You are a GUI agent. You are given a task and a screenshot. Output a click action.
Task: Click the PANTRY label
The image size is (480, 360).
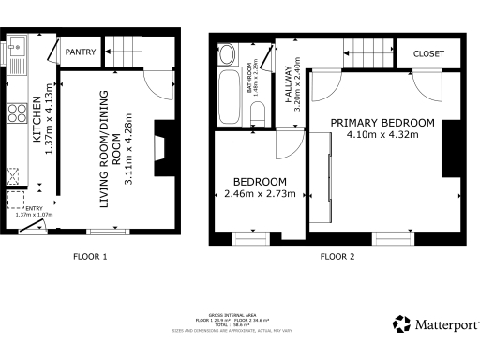[81, 52]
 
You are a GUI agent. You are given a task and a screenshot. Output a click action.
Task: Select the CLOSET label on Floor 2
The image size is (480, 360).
[429, 54]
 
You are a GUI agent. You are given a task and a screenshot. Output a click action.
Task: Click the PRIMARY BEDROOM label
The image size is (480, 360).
[382, 123]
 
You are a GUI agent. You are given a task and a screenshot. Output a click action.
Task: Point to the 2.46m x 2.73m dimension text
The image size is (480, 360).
[261, 194]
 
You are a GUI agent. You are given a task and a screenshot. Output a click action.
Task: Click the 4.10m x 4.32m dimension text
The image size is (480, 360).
[382, 135]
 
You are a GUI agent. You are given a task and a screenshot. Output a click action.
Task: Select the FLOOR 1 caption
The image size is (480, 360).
[91, 256]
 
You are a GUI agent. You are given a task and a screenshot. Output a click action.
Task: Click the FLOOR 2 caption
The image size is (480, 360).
[337, 256]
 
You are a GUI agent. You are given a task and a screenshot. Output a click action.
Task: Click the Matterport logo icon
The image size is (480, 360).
[401, 324]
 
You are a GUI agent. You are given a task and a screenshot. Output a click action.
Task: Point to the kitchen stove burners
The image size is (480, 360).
[17, 112]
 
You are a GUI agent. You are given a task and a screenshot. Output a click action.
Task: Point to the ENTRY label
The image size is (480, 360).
[34, 209]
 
